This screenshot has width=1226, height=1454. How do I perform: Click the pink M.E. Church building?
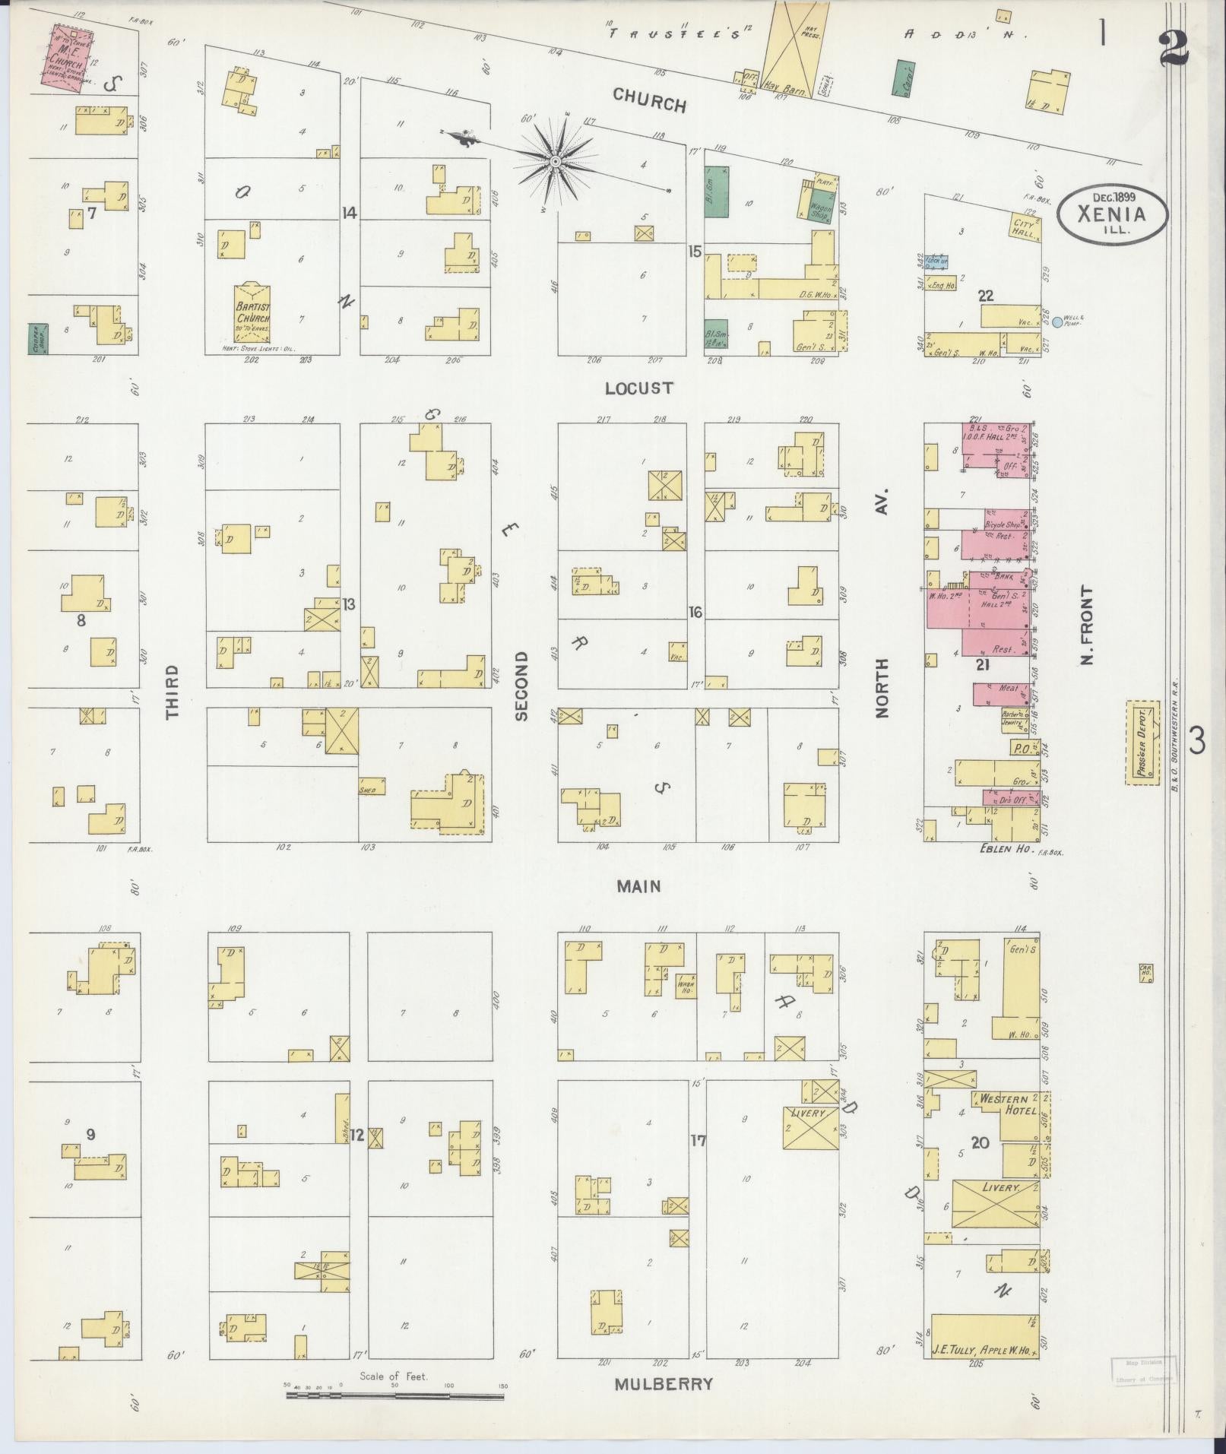67,59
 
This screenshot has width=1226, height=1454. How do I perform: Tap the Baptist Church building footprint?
252,313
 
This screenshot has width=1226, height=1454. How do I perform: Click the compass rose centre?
556,161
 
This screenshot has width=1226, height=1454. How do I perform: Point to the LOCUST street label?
639,388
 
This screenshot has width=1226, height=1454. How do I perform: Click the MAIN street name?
638,886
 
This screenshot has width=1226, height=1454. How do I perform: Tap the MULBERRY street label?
664,1384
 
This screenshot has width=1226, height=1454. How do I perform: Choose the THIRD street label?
173,692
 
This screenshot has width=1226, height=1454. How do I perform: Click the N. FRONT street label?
1088,625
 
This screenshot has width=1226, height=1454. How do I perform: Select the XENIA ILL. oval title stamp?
1111,216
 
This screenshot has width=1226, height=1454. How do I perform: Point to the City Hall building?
1024,229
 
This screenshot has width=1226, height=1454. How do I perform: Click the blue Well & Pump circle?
1057,322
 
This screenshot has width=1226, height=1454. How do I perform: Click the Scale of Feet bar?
394,1395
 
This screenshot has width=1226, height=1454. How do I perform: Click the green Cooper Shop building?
34,339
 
